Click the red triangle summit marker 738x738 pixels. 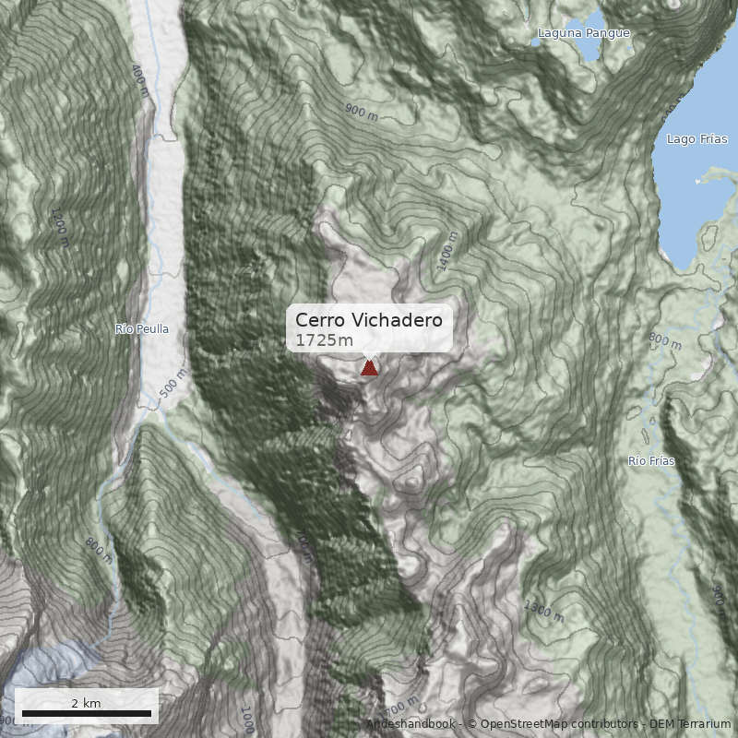tap(369, 368)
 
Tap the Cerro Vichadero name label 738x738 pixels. tap(369, 320)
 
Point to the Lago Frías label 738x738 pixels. tap(696, 139)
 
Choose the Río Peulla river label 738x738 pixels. tap(142, 328)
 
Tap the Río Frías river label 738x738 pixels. tap(651, 460)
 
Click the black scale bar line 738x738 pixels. tap(86, 714)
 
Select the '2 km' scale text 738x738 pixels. tap(86, 703)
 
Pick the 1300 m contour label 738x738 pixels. tap(542, 610)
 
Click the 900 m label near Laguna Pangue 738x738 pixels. tap(362, 113)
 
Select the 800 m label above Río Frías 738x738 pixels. tap(664, 341)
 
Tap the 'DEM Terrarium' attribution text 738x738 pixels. tap(690, 724)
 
